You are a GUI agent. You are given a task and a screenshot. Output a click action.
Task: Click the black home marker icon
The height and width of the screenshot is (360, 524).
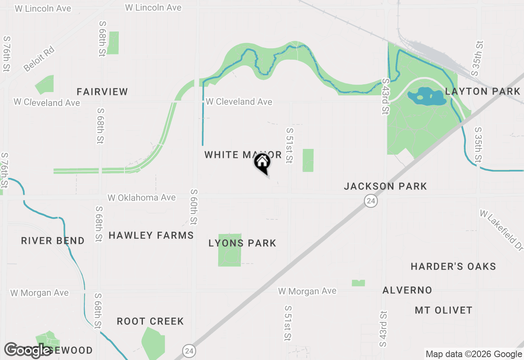tap(262, 162)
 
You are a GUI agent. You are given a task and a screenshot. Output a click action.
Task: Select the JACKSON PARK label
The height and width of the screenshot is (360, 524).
tap(385, 186)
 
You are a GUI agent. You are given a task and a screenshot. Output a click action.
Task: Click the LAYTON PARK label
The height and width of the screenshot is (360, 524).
tap(482, 91)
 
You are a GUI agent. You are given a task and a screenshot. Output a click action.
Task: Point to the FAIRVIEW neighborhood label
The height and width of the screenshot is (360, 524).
tap(102, 92)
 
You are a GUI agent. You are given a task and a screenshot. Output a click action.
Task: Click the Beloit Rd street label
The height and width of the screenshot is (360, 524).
tap(39, 59)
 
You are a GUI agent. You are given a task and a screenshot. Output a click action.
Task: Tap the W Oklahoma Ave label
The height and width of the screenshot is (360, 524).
tap(142, 198)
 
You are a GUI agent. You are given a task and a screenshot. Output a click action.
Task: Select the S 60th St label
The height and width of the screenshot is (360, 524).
tap(194, 207)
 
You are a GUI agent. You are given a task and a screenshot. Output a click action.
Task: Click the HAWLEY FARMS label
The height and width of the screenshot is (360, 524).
tap(151, 235)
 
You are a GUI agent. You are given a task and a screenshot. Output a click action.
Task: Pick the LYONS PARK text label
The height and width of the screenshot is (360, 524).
tap(242, 243)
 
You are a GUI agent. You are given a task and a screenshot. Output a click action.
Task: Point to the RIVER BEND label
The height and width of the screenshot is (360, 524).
tap(53, 241)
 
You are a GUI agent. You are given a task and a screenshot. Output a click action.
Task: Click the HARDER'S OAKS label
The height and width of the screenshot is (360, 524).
tap(453, 266)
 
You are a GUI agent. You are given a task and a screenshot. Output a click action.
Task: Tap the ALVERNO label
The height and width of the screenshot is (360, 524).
tap(407, 290)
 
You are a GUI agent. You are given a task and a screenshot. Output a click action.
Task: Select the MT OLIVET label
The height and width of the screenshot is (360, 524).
tap(443, 310)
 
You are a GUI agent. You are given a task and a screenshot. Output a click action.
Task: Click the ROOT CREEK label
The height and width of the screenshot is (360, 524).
tap(150, 321)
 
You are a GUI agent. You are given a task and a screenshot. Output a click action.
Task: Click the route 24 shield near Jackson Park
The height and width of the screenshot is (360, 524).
tap(371, 201)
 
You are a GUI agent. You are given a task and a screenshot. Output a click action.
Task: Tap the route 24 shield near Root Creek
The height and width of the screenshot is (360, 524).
tap(188, 351)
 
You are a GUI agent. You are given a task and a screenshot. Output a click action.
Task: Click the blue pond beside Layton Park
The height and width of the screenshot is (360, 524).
tap(426, 97)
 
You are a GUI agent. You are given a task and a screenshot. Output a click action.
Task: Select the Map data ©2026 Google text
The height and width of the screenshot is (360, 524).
tap(474, 354)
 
